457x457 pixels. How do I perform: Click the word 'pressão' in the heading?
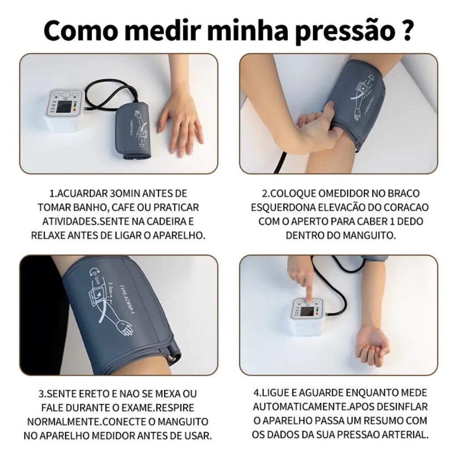345,31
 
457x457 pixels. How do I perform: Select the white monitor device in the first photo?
65,110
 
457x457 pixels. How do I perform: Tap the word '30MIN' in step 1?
125,193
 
